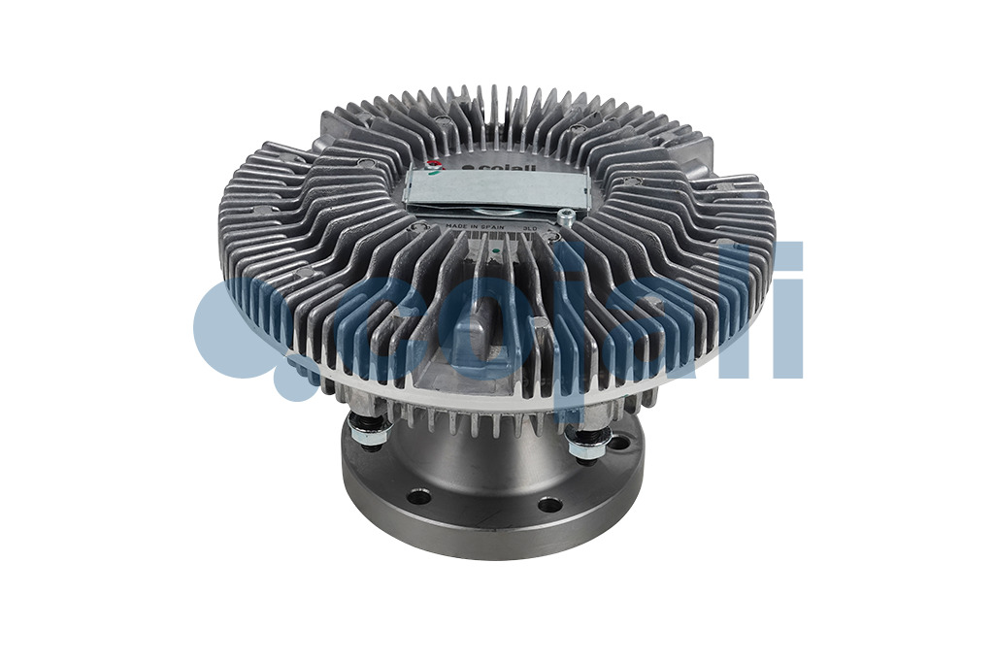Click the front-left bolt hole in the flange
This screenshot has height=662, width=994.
418,497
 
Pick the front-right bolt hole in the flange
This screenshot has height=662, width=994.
549,504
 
